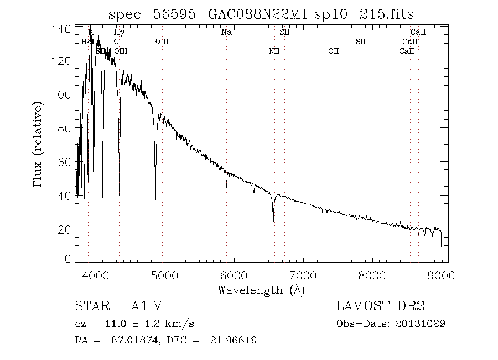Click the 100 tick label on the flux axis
(x=65, y=94)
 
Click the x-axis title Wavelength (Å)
(x=261, y=290)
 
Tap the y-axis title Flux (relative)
(x=38, y=143)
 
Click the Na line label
(x=226, y=32)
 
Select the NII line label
(x=274, y=52)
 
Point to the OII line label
(x=333, y=52)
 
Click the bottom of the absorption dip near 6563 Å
(x=273, y=223)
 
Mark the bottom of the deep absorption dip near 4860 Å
(x=155, y=200)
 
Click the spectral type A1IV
(x=146, y=306)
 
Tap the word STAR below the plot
(x=89, y=306)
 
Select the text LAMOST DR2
(x=380, y=306)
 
